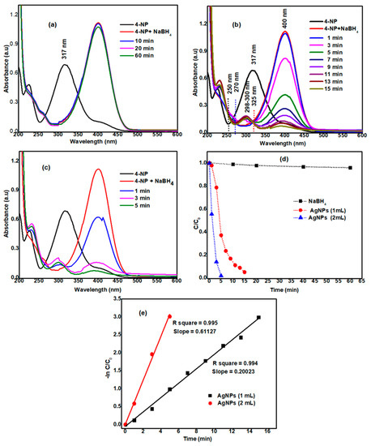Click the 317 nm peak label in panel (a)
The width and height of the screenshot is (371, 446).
(x=71, y=56)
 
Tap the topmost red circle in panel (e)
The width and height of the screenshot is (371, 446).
(x=169, y=316)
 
